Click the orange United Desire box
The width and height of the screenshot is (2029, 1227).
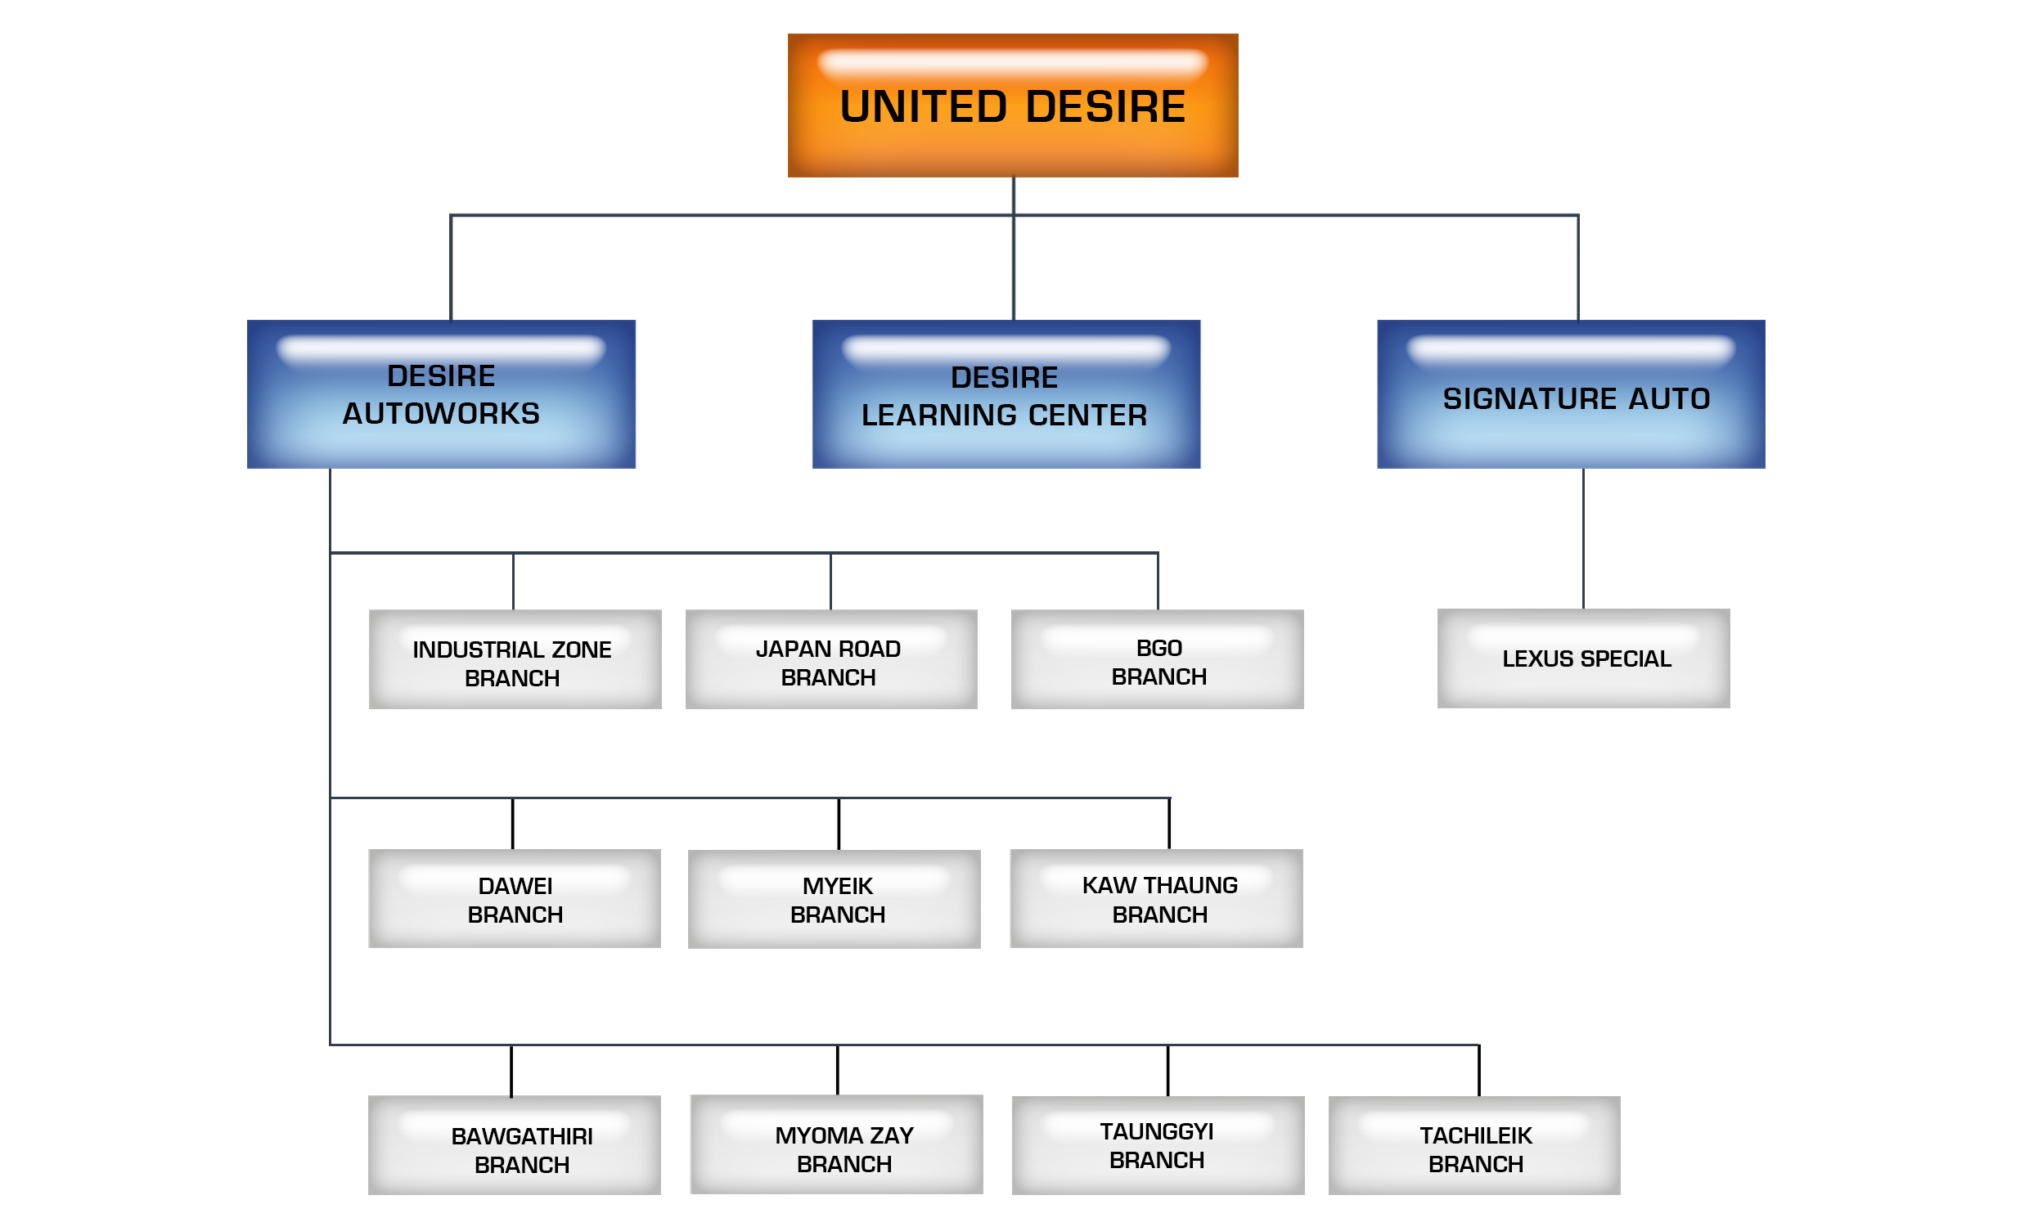coord(1012,106)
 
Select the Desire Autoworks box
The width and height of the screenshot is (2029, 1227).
coord(441,394)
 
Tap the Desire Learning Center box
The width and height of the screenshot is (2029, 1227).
coord(1006,394)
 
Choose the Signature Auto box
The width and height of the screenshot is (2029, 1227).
coord(1570,394)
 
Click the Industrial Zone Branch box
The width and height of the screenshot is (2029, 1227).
coord(515,658)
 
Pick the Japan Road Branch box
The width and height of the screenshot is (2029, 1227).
coord(831,658)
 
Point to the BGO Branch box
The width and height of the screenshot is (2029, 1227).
coord(1157,658)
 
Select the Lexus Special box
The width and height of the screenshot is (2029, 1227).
coord(1582,658)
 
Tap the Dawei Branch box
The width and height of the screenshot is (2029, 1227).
coord(514,898)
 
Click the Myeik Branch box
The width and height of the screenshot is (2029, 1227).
coord(835,899)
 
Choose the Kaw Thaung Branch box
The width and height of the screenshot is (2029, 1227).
coord(1155,898)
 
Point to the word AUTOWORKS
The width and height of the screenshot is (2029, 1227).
coord(441,413)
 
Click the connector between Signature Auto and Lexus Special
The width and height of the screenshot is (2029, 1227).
coord(1582,539)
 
